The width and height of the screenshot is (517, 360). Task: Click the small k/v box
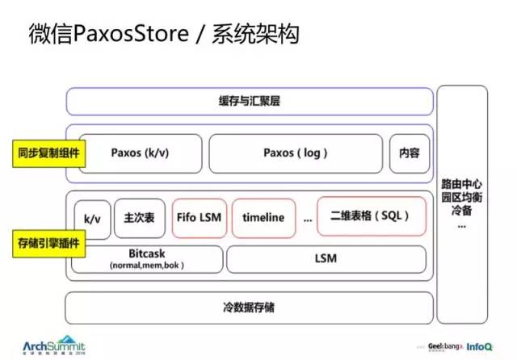[x=90, y=218]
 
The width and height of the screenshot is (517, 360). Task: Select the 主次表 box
[x=139, y=217]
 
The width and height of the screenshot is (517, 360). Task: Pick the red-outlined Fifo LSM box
[x=198, y=217]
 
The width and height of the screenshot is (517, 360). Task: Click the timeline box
[x=263, y=217]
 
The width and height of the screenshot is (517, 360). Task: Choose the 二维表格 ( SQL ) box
[x=371, y=216]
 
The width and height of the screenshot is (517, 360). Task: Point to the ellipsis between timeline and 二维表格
[x=307, y=218]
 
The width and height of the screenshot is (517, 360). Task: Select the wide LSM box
[x=326, y=259]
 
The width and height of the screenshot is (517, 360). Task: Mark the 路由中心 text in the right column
[x=461, y=183]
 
